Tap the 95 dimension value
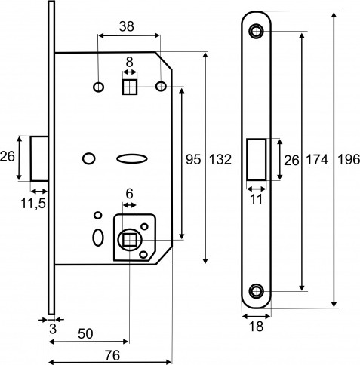point(193,159)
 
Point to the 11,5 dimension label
point(30,204)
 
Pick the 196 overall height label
point(348,159)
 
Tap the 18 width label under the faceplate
point(257,327)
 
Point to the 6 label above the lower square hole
point(128,194)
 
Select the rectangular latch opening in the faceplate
point(255,159)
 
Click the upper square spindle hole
point(129,87)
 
